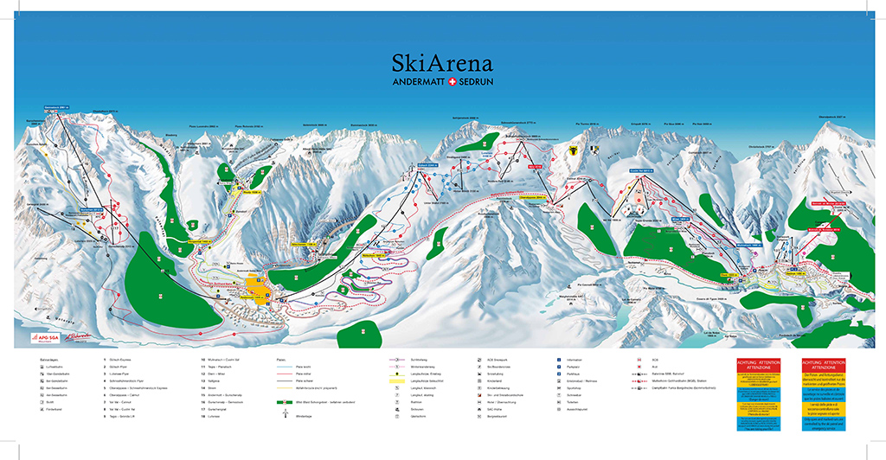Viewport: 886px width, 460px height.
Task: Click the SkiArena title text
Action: tap(441, 63)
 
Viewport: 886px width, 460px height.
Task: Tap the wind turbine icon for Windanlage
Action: tap(283, 415)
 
